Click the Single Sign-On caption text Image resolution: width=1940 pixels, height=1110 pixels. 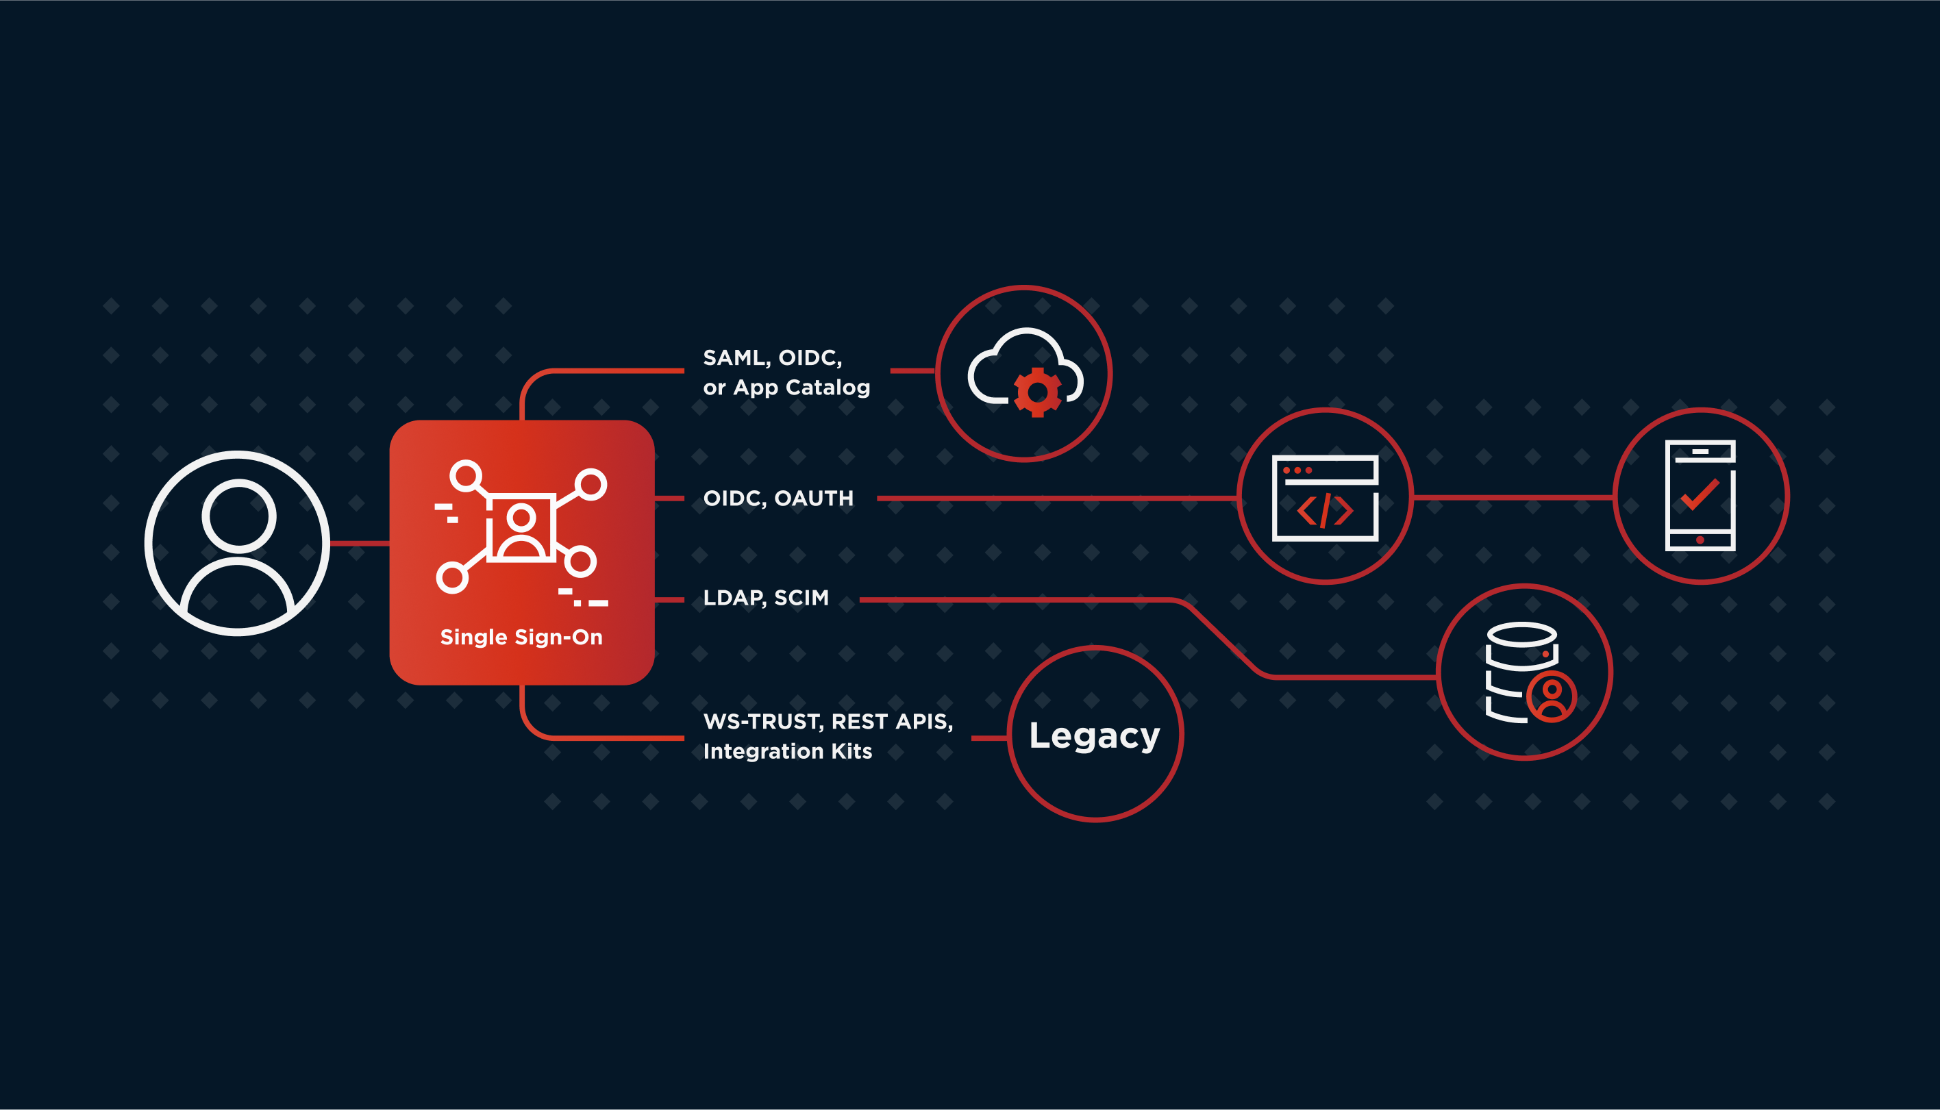[x=521, y=638]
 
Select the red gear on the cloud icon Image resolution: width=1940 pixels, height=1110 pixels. [x=1037, y=392]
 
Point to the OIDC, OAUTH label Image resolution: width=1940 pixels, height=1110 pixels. [x=778, y=499]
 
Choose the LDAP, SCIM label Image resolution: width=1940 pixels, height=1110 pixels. [x=766, y=598]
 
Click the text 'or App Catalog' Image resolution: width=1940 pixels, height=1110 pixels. [x=786, y=388]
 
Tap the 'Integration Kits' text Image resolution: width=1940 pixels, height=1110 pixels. [x=787, y=752]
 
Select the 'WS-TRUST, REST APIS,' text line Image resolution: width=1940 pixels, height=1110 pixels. [x=828, y=721]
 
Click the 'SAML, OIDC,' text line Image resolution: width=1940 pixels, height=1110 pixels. [x=772, y=357]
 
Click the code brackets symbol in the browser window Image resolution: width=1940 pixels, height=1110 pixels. [x=1326, y=511]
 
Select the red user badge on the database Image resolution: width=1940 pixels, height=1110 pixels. [x=1551, y=696]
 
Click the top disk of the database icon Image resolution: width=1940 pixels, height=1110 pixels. [x=1522, y=634]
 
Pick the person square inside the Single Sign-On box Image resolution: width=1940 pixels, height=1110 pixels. [x=521, y=527]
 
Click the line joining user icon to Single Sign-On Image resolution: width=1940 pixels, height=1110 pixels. [x=359, y=544]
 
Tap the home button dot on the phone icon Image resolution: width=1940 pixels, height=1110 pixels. [x=1700, y=540]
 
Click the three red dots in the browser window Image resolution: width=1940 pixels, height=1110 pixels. [x=1297, y=470]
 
